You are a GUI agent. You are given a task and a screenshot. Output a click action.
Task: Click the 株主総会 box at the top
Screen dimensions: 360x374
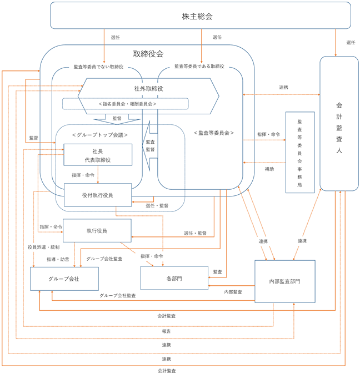201,16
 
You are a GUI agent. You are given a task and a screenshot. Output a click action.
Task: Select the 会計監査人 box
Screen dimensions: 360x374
339,124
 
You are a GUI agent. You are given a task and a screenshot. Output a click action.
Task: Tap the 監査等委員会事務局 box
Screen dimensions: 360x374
300,152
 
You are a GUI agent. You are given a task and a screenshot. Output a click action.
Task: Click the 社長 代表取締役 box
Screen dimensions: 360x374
98,155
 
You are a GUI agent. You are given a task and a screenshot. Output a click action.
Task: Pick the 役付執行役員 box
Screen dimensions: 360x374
98,195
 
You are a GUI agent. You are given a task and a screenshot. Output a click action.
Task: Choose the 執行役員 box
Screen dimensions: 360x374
97,230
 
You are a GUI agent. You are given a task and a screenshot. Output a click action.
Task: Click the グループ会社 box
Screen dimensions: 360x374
64,279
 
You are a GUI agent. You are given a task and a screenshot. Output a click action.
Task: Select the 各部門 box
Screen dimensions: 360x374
174,278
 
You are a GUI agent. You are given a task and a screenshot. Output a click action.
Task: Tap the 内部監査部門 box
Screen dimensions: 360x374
285,281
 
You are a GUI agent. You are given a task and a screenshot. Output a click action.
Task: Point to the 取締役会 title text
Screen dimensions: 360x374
148,54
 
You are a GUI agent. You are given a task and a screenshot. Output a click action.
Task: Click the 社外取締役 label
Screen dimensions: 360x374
148,89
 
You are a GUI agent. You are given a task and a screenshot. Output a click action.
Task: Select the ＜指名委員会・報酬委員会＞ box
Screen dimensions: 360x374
126,104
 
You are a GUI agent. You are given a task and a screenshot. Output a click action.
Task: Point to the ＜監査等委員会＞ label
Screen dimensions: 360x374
214,133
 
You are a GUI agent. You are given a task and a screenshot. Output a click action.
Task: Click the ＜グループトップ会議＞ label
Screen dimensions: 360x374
100,135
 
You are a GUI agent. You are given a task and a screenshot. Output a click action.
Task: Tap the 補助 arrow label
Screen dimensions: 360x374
269,169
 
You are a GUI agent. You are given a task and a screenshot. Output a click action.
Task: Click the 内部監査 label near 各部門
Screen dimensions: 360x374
233,292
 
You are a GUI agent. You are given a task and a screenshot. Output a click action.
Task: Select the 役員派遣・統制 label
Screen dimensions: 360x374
44,247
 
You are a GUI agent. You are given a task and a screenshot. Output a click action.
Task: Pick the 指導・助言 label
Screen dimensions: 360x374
58,259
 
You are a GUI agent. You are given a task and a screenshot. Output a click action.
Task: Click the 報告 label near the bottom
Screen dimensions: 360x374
167,331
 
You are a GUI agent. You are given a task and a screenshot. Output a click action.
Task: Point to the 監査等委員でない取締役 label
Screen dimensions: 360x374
98,67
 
